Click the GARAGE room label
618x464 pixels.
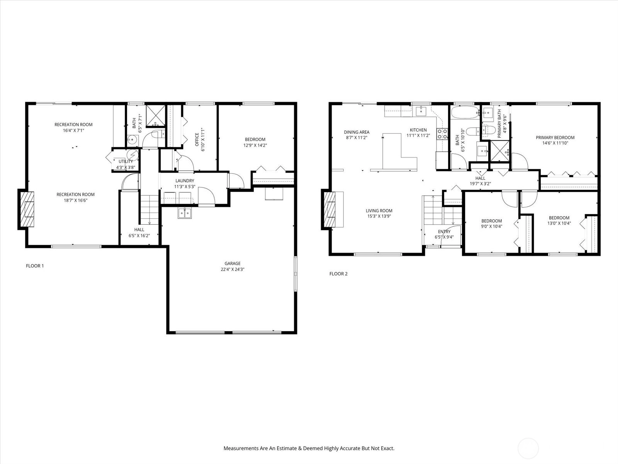coord(232,263)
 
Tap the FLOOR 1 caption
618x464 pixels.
coord(35,266)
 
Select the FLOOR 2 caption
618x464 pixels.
coord(338,273)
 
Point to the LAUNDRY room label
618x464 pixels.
coord(185,181)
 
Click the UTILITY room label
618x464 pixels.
coord(126,161)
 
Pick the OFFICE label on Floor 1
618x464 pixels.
coord(197,140)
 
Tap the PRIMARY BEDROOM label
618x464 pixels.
coord(555,138)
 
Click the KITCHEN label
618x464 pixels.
coord(418,130)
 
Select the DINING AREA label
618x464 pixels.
coord(357,132)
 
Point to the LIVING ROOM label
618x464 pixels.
coord(379,210)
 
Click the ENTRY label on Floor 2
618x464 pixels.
coord(444,231)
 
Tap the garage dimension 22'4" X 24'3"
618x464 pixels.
coord(232,270)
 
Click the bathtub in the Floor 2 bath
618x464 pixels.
coord(465,112)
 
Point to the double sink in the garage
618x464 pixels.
coord(185,213)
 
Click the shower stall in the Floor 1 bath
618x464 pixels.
coord(155,116)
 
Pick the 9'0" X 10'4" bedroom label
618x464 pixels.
coord(492,223)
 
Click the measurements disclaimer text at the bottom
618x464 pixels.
coord(309,448)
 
